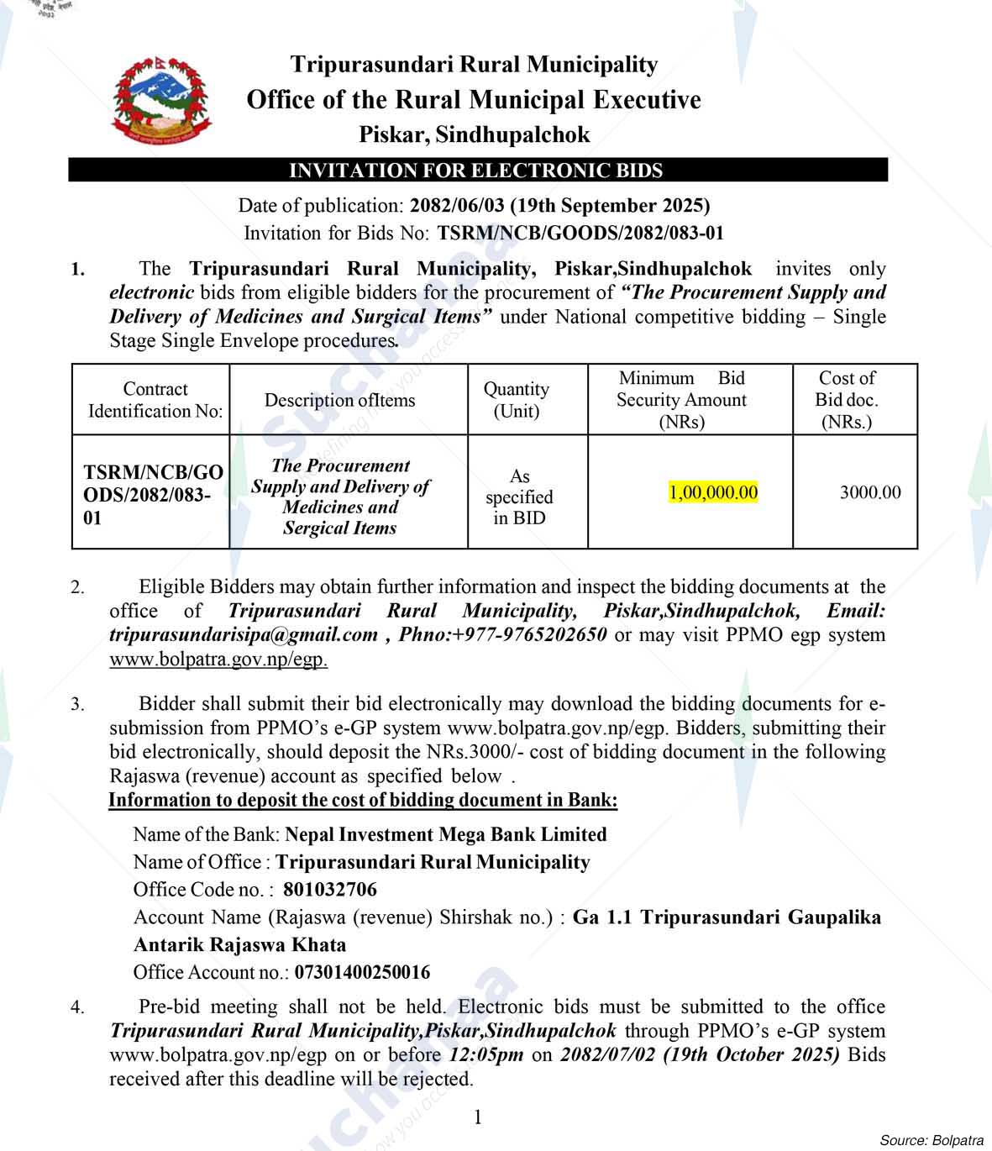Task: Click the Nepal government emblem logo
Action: point(160,98)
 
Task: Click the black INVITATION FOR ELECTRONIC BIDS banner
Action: point(477,171)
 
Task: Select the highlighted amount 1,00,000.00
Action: point(713,492)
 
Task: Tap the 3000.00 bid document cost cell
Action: point(870,492)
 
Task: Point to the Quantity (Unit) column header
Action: point(516,400)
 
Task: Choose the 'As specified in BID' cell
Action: point(519,497)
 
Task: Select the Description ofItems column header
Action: point(339,401)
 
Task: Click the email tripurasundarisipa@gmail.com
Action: point(244,635)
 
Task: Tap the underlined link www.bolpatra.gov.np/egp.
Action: point(218,660)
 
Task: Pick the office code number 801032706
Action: point(330,890)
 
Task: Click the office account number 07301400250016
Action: point(361,973)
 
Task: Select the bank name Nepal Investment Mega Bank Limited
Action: point(446,835)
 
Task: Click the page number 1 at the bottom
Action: point(478,1117)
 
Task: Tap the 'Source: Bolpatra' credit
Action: point(931,1140)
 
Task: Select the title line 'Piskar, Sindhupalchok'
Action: point(474,134)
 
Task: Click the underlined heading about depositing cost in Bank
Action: point(363,800)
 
